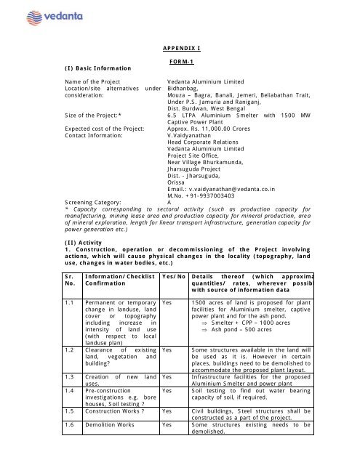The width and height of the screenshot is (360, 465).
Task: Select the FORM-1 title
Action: point(180,62)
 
